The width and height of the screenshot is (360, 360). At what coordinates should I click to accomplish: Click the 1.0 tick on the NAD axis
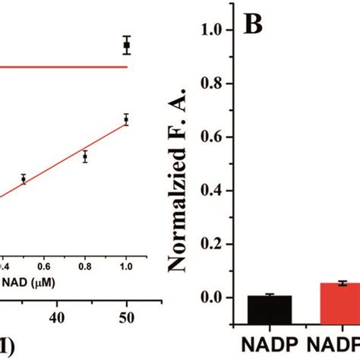tap(126, 267)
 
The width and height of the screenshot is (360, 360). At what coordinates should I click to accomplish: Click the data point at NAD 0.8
tap(85, 157)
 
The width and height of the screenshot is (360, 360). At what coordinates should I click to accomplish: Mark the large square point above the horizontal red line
tap(127, 46)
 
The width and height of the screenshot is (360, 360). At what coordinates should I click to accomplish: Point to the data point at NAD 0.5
tap(24, 179)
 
